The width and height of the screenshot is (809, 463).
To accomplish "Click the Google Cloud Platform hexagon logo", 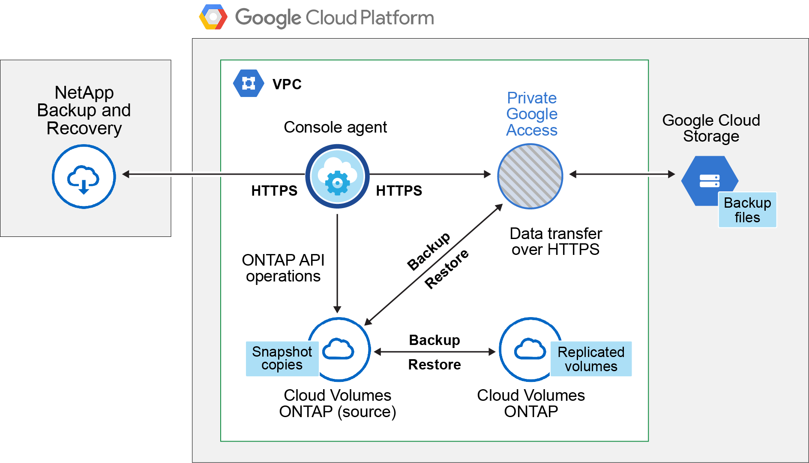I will pos(213,17).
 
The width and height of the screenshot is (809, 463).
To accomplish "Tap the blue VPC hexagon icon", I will pos(249,83).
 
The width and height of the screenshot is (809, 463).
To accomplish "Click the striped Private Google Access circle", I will pos(530,176).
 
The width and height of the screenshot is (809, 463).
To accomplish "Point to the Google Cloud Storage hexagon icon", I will pos(709,180).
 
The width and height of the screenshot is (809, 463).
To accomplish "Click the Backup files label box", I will pos(747,210).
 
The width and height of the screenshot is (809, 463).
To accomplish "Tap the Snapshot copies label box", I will pos(282,358).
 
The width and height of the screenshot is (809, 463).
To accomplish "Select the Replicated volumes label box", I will pos(591,359).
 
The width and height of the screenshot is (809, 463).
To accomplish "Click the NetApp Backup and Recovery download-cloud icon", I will pos(84,176).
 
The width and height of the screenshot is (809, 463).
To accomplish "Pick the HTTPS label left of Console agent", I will pos(274,191).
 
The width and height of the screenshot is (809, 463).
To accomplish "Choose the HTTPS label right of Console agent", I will pos(399,191).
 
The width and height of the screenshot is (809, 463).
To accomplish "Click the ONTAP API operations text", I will pos(283,268).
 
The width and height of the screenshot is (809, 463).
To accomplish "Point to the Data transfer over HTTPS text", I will pos(556,241).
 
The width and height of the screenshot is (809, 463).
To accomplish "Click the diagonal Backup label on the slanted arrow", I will pos(428,251).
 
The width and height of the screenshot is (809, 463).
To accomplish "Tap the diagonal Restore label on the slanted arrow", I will pos(447,269).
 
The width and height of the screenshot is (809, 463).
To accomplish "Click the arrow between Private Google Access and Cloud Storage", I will pos(622,174).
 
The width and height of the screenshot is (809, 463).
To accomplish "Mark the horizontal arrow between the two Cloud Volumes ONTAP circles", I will pos(434,352).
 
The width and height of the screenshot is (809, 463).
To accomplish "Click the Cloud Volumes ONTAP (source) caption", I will pos(338,403).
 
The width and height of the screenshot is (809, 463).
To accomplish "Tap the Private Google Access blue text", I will pos(532,114).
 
